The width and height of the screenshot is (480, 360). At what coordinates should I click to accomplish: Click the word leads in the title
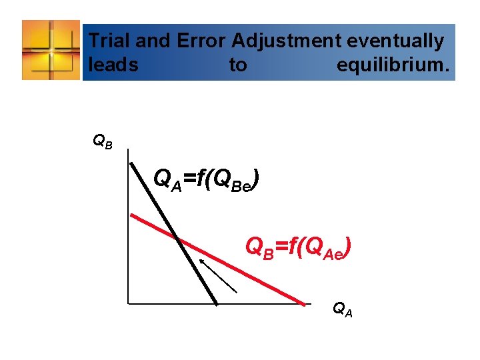pos(113,65)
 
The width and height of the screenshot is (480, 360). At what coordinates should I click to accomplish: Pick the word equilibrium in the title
pos(393,65)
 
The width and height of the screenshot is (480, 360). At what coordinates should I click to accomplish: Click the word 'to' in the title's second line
pos(238,65)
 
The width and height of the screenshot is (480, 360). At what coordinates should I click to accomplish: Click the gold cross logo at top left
pos(51,49)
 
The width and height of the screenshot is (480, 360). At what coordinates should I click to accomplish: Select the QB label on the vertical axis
pos(102,141)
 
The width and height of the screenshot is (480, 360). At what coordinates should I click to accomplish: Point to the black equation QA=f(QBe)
pos(206,179)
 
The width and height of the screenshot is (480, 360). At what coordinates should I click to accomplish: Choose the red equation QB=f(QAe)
pos(298,248)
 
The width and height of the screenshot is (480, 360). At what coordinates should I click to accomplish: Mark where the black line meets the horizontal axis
pos(217,304)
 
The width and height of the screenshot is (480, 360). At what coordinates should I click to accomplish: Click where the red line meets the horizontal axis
pos(305,303)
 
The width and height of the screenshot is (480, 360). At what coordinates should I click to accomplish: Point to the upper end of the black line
pos(132,162)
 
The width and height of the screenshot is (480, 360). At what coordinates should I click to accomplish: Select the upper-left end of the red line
pos(131,215)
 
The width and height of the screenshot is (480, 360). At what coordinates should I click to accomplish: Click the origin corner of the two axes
pos(127,305)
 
